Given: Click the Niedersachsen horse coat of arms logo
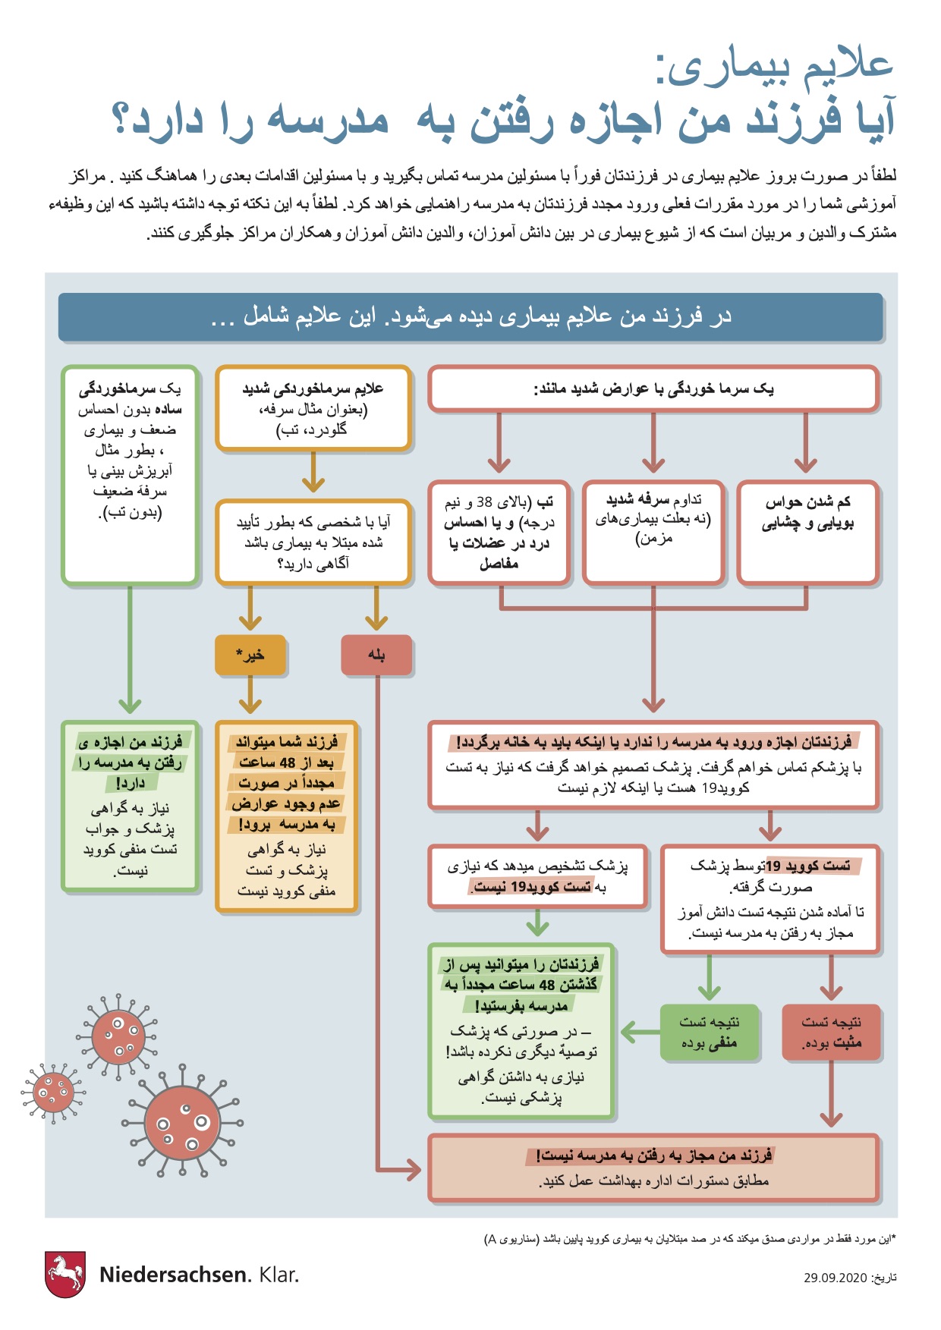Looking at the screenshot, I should [65, 1274].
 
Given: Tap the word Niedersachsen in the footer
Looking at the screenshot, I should [174, 1275].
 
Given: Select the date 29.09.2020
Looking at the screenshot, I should [835, 1278].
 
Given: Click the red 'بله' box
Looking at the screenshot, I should [376, 655].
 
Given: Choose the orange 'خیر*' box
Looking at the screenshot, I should [250, 655].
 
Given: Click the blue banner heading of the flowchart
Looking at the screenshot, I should [470, 316].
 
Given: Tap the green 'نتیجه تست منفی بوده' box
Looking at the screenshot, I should [709, 1032].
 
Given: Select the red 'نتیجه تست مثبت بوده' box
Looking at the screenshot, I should [831, 1032].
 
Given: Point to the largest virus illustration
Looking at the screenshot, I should [181, 1124].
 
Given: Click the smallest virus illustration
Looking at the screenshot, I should [52, 1092].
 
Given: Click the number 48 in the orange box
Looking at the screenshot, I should [288, 762].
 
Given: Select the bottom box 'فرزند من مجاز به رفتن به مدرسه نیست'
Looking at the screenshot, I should [653, 1168].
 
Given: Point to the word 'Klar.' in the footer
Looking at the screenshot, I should [279, 1275].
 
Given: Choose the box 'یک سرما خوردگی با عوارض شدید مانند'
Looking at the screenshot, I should [653, 389].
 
